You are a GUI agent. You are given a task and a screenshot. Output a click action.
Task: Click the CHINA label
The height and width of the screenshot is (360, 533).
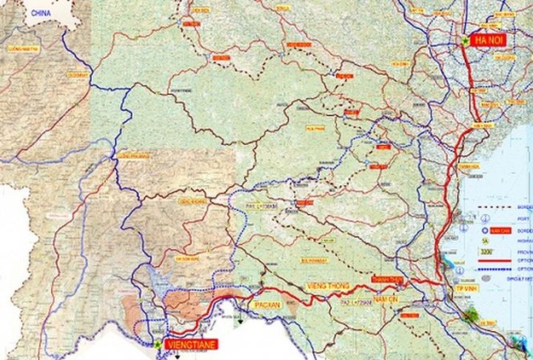coord(36,13)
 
